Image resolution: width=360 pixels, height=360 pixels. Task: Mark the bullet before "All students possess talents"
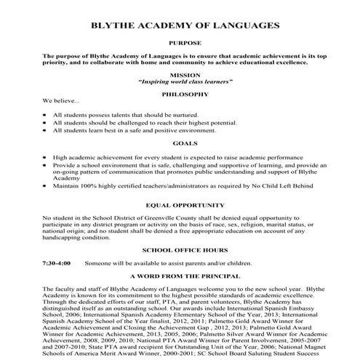(x=46, y=115)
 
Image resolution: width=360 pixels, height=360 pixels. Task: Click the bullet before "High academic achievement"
(x=46, y=156)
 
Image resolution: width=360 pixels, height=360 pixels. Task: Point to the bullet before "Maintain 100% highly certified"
(x=46, y=186)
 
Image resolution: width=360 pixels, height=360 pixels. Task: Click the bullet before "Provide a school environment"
(x=46, y=165)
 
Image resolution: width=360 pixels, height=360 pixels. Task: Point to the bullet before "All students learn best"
(x=46, y=130)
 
